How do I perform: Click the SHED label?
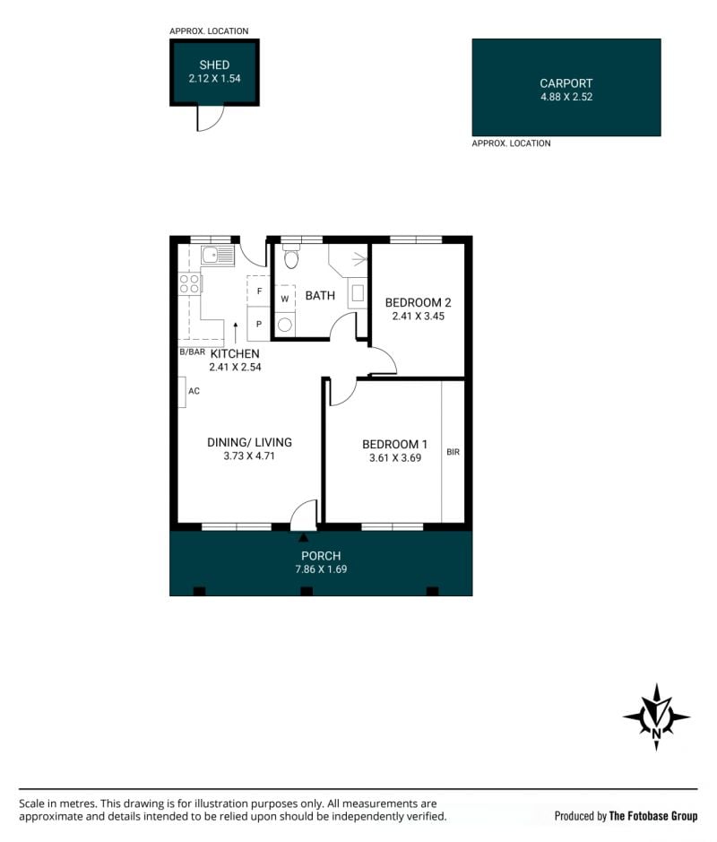(214, 65)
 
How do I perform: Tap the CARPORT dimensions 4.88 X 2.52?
(566, 97)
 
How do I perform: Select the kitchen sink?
(218, 256)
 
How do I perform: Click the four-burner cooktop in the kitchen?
(189, 283)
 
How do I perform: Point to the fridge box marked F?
(258, 291)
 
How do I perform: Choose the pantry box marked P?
(258, 324)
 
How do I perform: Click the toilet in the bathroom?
(291, 257)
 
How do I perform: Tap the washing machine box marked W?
(284, 299)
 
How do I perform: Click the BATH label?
(320, 295)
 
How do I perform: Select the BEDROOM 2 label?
(418, 302)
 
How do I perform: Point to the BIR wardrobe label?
(453, 452)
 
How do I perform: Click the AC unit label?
(194, 391)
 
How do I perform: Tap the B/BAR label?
(192, 352)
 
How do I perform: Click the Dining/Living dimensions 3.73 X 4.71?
(249, 456)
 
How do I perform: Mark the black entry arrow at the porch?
(303, 536)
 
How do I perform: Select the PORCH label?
(321, 556)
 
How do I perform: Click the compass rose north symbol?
(656, 716)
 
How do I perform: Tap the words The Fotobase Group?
(653, 816)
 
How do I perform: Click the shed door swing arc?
(213, 121)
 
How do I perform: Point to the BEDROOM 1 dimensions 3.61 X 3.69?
(395, 458)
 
